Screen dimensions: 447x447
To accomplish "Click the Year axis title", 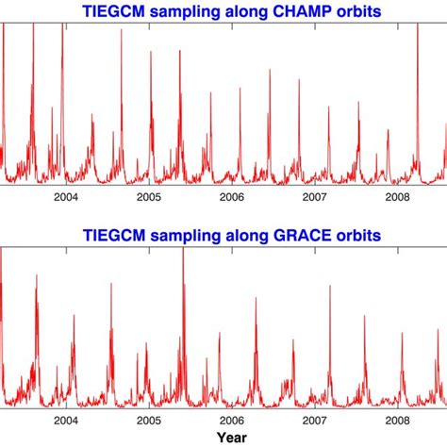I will (x=232, y=438).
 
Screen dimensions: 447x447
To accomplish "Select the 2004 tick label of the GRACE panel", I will (x=65, y=420).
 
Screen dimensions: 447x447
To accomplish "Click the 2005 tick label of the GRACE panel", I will (x=148, y=420).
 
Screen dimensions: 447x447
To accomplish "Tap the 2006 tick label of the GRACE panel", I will (x=231, y=420).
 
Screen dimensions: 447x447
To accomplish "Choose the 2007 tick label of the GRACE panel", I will (x=314, y=420).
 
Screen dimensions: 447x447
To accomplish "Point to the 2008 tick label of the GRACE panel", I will (x=397, y=420).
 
